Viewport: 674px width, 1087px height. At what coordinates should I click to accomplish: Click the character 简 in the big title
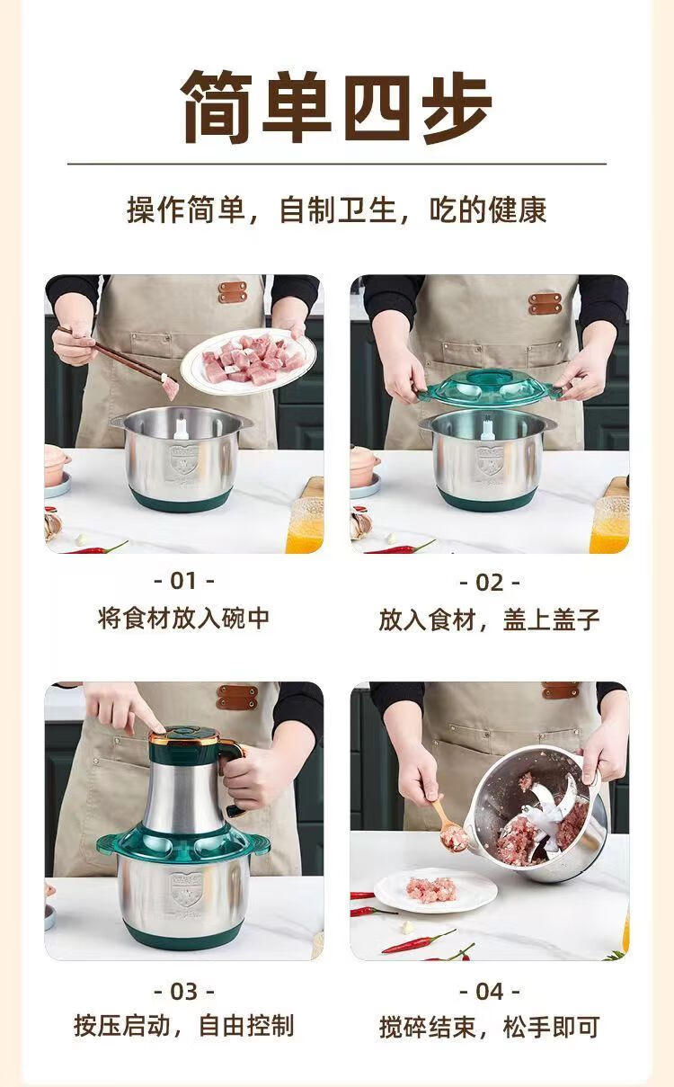(x=217, y=106)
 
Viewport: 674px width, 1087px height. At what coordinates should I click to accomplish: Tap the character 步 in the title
(x=457, y=108)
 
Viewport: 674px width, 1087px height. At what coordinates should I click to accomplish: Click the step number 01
(x=183, y=581)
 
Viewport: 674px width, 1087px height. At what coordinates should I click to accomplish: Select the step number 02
(x=489, y=583)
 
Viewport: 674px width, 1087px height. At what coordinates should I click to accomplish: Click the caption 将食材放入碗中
(x=183, y=619)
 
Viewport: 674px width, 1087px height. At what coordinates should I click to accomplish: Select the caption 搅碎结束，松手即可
(x=489, y=1027)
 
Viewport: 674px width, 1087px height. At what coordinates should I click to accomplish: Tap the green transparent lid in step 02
(x=490, y=388)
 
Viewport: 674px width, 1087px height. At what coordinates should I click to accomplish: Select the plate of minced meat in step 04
(x=436, y=890)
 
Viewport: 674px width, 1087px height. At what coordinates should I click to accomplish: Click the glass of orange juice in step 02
(x=609, y=524)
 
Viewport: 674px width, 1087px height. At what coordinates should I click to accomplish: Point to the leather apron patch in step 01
(x=232, y=292)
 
